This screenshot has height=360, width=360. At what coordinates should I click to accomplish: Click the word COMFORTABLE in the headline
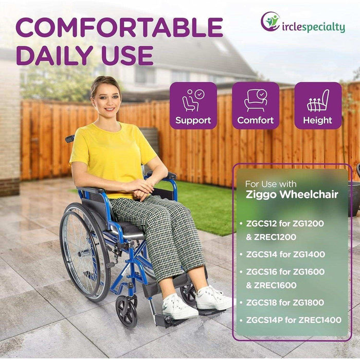click(x=119, y=28)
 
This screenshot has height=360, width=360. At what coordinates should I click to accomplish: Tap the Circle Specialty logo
click(x=302, y=23)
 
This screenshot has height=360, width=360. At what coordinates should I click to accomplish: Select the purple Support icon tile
click(x=193, y=105)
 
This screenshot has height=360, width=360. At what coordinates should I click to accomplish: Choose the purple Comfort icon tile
click(x=256, y=105)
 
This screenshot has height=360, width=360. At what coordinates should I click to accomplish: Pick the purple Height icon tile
click(x=317, y=105)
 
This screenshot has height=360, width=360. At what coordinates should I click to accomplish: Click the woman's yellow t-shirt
click(x=113, y=154)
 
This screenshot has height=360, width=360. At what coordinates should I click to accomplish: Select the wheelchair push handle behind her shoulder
click(x=70, y=138)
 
